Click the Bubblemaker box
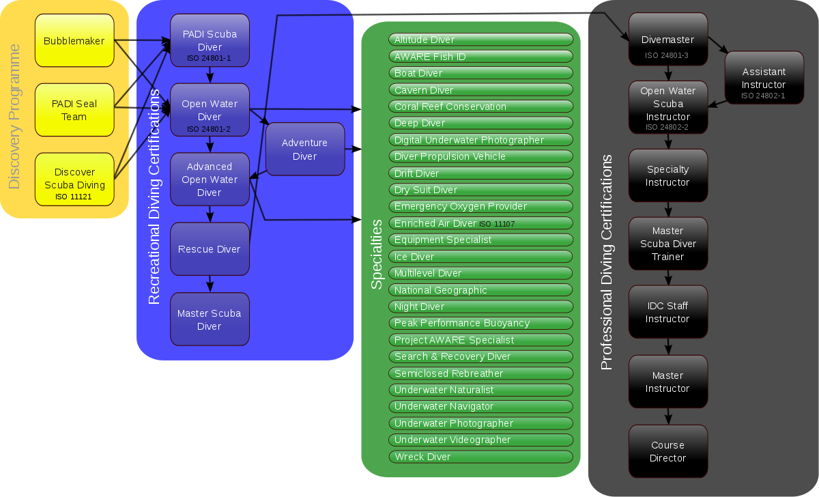click(x=74, y=41)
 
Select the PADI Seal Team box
click(x=74, y=110)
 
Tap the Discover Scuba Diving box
click(x=74, y=179)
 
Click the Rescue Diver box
click(x=210, y=249)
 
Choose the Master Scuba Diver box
click(x=210, y=319)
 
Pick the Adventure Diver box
click(x=305, y=150)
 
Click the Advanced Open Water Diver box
click(x=210, y=180)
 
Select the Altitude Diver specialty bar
click(x=480, y=40)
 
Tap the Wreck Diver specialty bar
click(x=480, y=457)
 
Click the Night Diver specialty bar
click(x=480, y=307)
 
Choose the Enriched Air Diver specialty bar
click(x=480, y=223)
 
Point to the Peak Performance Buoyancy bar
click(x=480, y=323)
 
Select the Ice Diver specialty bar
click(x=480, y=257)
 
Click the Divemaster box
click(x=667, y=40)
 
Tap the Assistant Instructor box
click(x=764, y=79)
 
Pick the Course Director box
click(x=667, y=451)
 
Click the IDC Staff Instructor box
click(x=667, y=312)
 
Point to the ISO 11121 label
click(x=74, y=197)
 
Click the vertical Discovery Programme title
click(x=14, y=116)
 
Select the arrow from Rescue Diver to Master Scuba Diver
click(x=210, y=283)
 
